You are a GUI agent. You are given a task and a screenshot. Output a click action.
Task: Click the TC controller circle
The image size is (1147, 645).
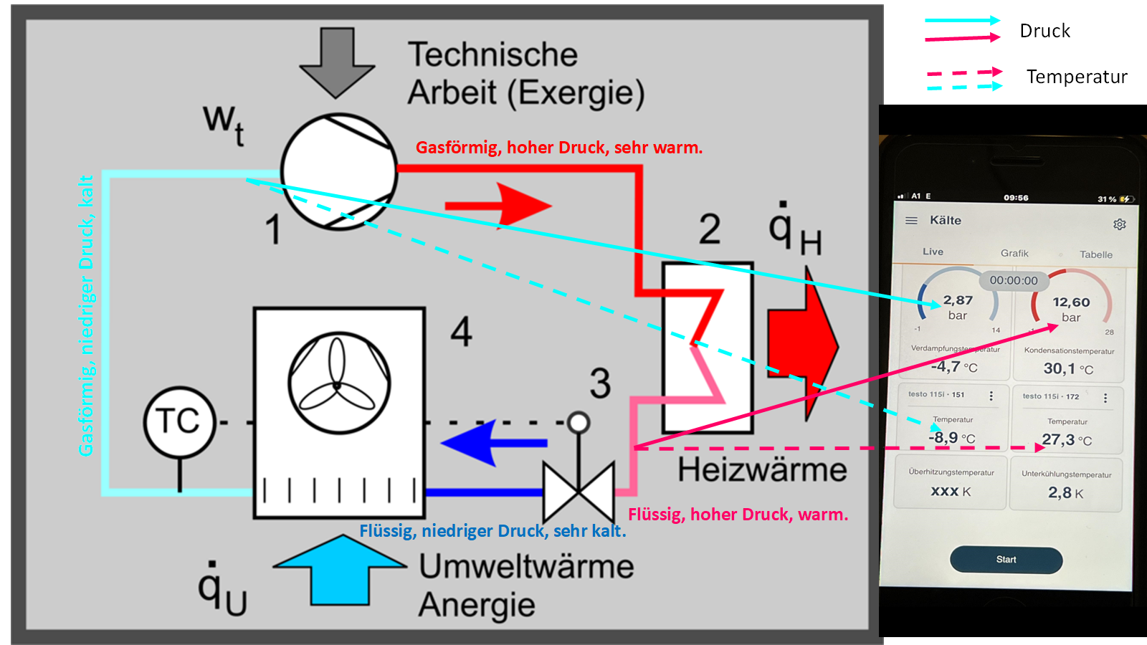[x=179, y=421]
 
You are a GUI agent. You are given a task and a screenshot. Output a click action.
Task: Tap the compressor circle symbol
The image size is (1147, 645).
[x=338, y=172]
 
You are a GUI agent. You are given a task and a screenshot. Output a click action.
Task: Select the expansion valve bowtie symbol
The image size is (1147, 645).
[x=579, y=492]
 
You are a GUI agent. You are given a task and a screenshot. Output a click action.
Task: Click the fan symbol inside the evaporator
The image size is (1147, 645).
[x=338, y=383]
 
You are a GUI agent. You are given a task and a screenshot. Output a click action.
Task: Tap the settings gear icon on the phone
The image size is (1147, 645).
[x=1119, y=224]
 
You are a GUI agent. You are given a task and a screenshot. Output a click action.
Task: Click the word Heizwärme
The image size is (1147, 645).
[x=762, y=470]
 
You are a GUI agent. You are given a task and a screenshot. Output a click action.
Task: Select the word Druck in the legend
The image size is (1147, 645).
[x=1044, y=31]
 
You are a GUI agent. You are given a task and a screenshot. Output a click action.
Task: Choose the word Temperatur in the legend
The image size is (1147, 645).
[x=1076, y=77]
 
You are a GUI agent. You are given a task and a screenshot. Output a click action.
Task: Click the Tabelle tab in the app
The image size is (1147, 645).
[x=1095, y=254]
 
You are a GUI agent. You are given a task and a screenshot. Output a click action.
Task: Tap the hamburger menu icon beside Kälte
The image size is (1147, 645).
[x=911, y=221]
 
